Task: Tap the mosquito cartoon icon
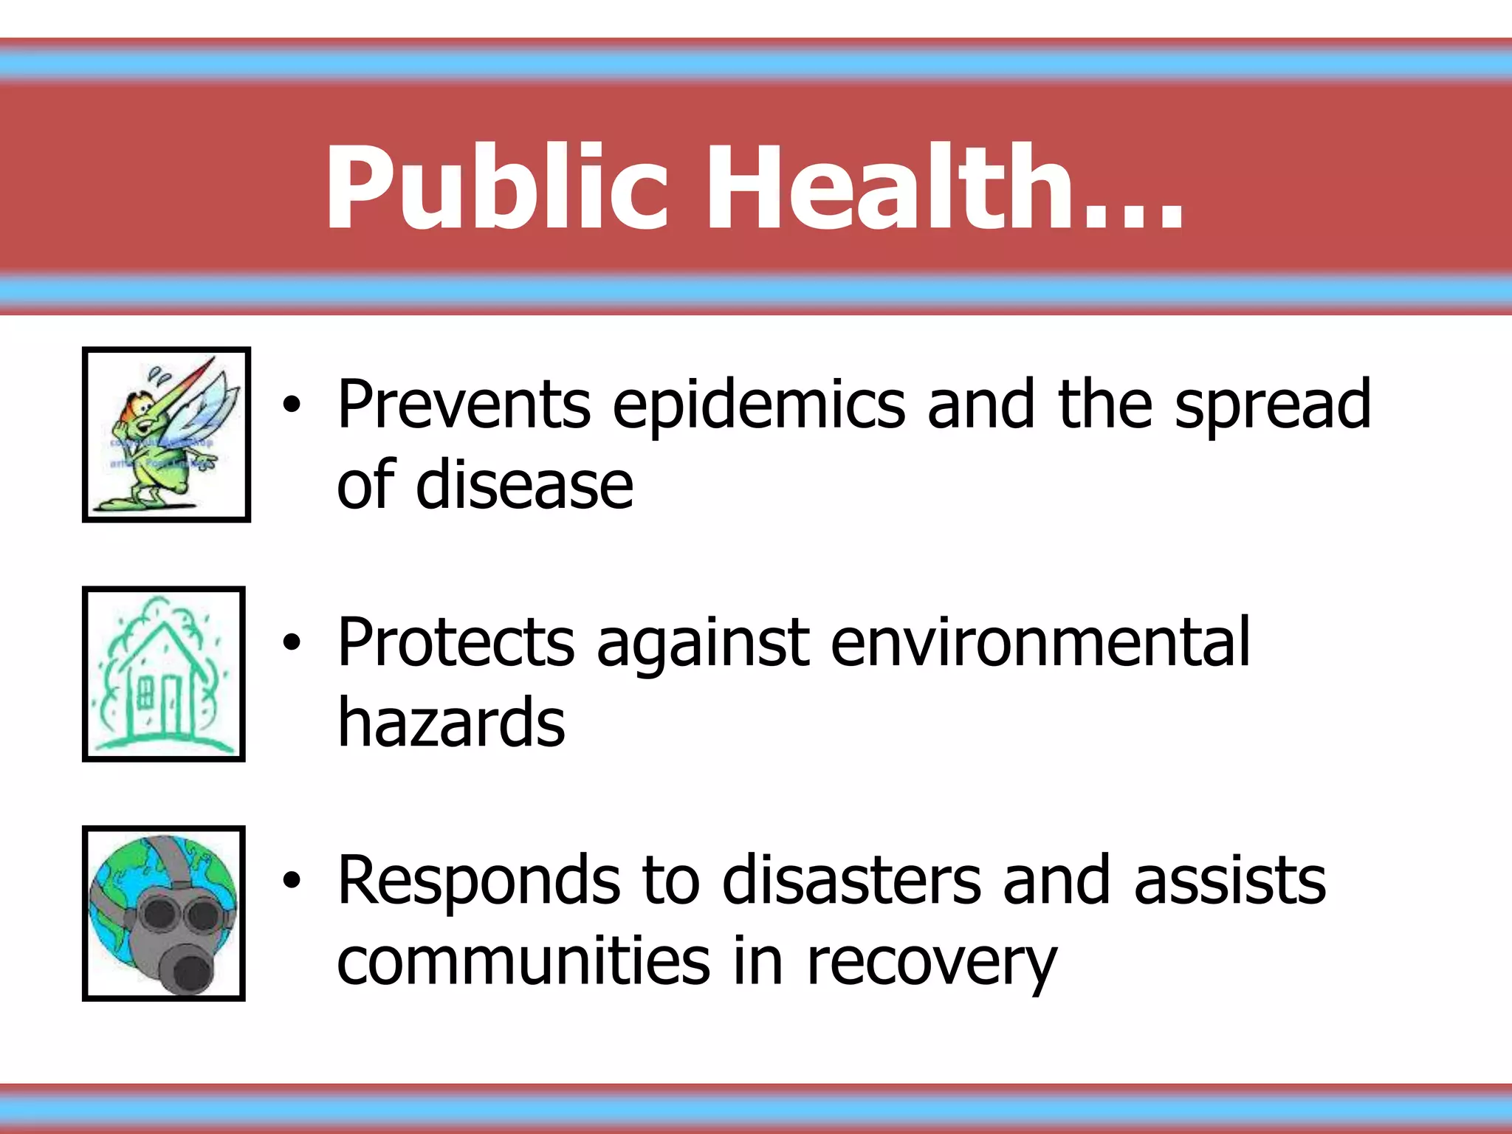(x=166, y=434)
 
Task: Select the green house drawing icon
(x=164, y=673)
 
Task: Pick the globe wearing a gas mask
(x=164, y=913)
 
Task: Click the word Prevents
(x=464, y=404)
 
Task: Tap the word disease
(x=524, y=485)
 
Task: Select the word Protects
(x=456, y=642)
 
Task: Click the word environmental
(x=1040, y=642)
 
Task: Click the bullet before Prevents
(x=292, y=404)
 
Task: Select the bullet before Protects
(x=292, y=642)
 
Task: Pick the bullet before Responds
(x=292, y=880)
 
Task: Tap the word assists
(x=1230, y=880)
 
